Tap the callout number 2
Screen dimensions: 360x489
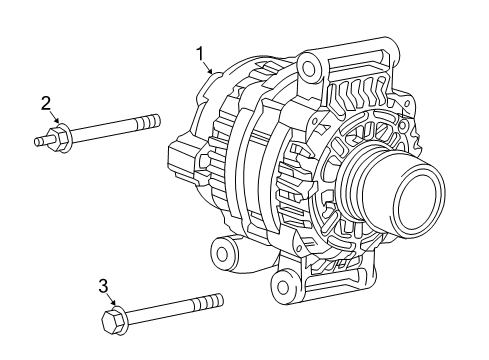point(46,102)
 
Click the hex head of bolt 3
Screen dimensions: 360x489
point(113,320)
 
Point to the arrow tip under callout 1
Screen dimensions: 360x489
point(213,74)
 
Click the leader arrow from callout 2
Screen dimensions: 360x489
point(56,119)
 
